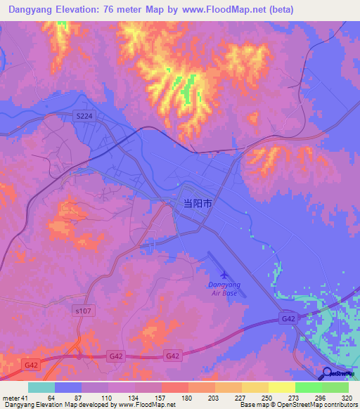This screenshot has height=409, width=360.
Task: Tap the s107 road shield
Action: pyautogui.click(x=83, y=309)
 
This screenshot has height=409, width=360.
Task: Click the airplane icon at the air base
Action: pyautogui.click(x=224, y=273)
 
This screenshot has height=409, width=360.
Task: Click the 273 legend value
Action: pyautogui.click(x=295, y=398)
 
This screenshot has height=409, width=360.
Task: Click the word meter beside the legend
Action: pyautogui.click(x=10, y=398)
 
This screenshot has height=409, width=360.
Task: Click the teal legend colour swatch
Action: pyautogui.click(x=41, y=387)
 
